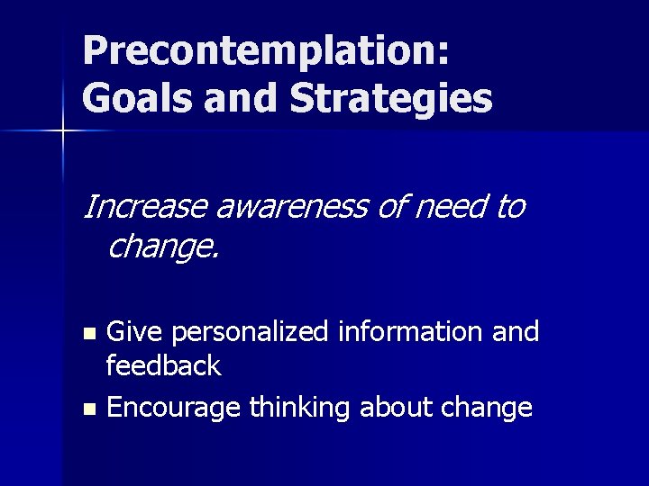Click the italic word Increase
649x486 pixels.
click(145, 207)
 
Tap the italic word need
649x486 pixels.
click(447, 207)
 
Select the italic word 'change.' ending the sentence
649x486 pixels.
click(162, 245)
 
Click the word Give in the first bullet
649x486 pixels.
click(136, 331)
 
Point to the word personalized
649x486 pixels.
click(251, 331)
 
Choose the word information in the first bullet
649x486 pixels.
click(412, 331)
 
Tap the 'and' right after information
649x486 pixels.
click(516, 331)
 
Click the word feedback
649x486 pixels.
click(163, 364)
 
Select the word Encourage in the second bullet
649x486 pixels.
click(173, 408)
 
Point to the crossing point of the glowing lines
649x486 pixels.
click(63, 131)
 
